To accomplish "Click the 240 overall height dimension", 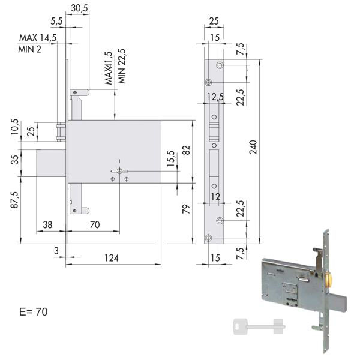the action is (253, 147).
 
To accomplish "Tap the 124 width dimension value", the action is (112, 258).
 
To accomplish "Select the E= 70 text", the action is (34, 312).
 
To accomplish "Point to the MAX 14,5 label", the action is (38, 38).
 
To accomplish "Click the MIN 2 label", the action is (30, 49).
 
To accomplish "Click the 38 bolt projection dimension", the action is (47, 225).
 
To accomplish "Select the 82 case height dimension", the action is (187, 150).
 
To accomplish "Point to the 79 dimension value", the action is (186, 209).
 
